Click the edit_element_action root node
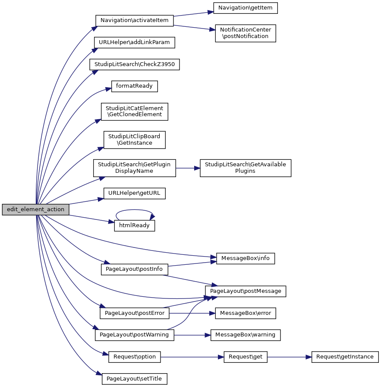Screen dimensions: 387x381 pos(36,209)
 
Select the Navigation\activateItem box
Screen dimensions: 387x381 pos(134,20)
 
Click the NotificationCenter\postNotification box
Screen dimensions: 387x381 pos(246,33)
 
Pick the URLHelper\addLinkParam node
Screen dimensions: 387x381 pos(134,42)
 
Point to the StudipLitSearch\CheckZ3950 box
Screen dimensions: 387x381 pos(134,64)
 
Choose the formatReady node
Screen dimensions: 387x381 pos(134,86)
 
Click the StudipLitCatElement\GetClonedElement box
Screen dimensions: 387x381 pos(134,111)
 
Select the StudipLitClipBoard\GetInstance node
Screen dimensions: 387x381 pos(134,140)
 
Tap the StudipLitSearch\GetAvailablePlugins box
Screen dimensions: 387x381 pos(246,168)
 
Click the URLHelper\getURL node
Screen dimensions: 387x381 pos(134,193)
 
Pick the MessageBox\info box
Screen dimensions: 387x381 pos(246,258)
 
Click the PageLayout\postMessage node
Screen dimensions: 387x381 pos(246,291)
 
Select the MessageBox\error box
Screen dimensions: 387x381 pos(246,313)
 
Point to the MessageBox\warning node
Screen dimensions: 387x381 pos(246,335)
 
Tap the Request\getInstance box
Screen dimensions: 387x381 pos(345,357)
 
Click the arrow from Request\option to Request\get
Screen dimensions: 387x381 pos(192,357)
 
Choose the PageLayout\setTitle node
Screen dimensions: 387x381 pos(134,379)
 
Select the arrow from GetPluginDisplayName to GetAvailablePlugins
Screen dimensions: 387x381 pos(188,168)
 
